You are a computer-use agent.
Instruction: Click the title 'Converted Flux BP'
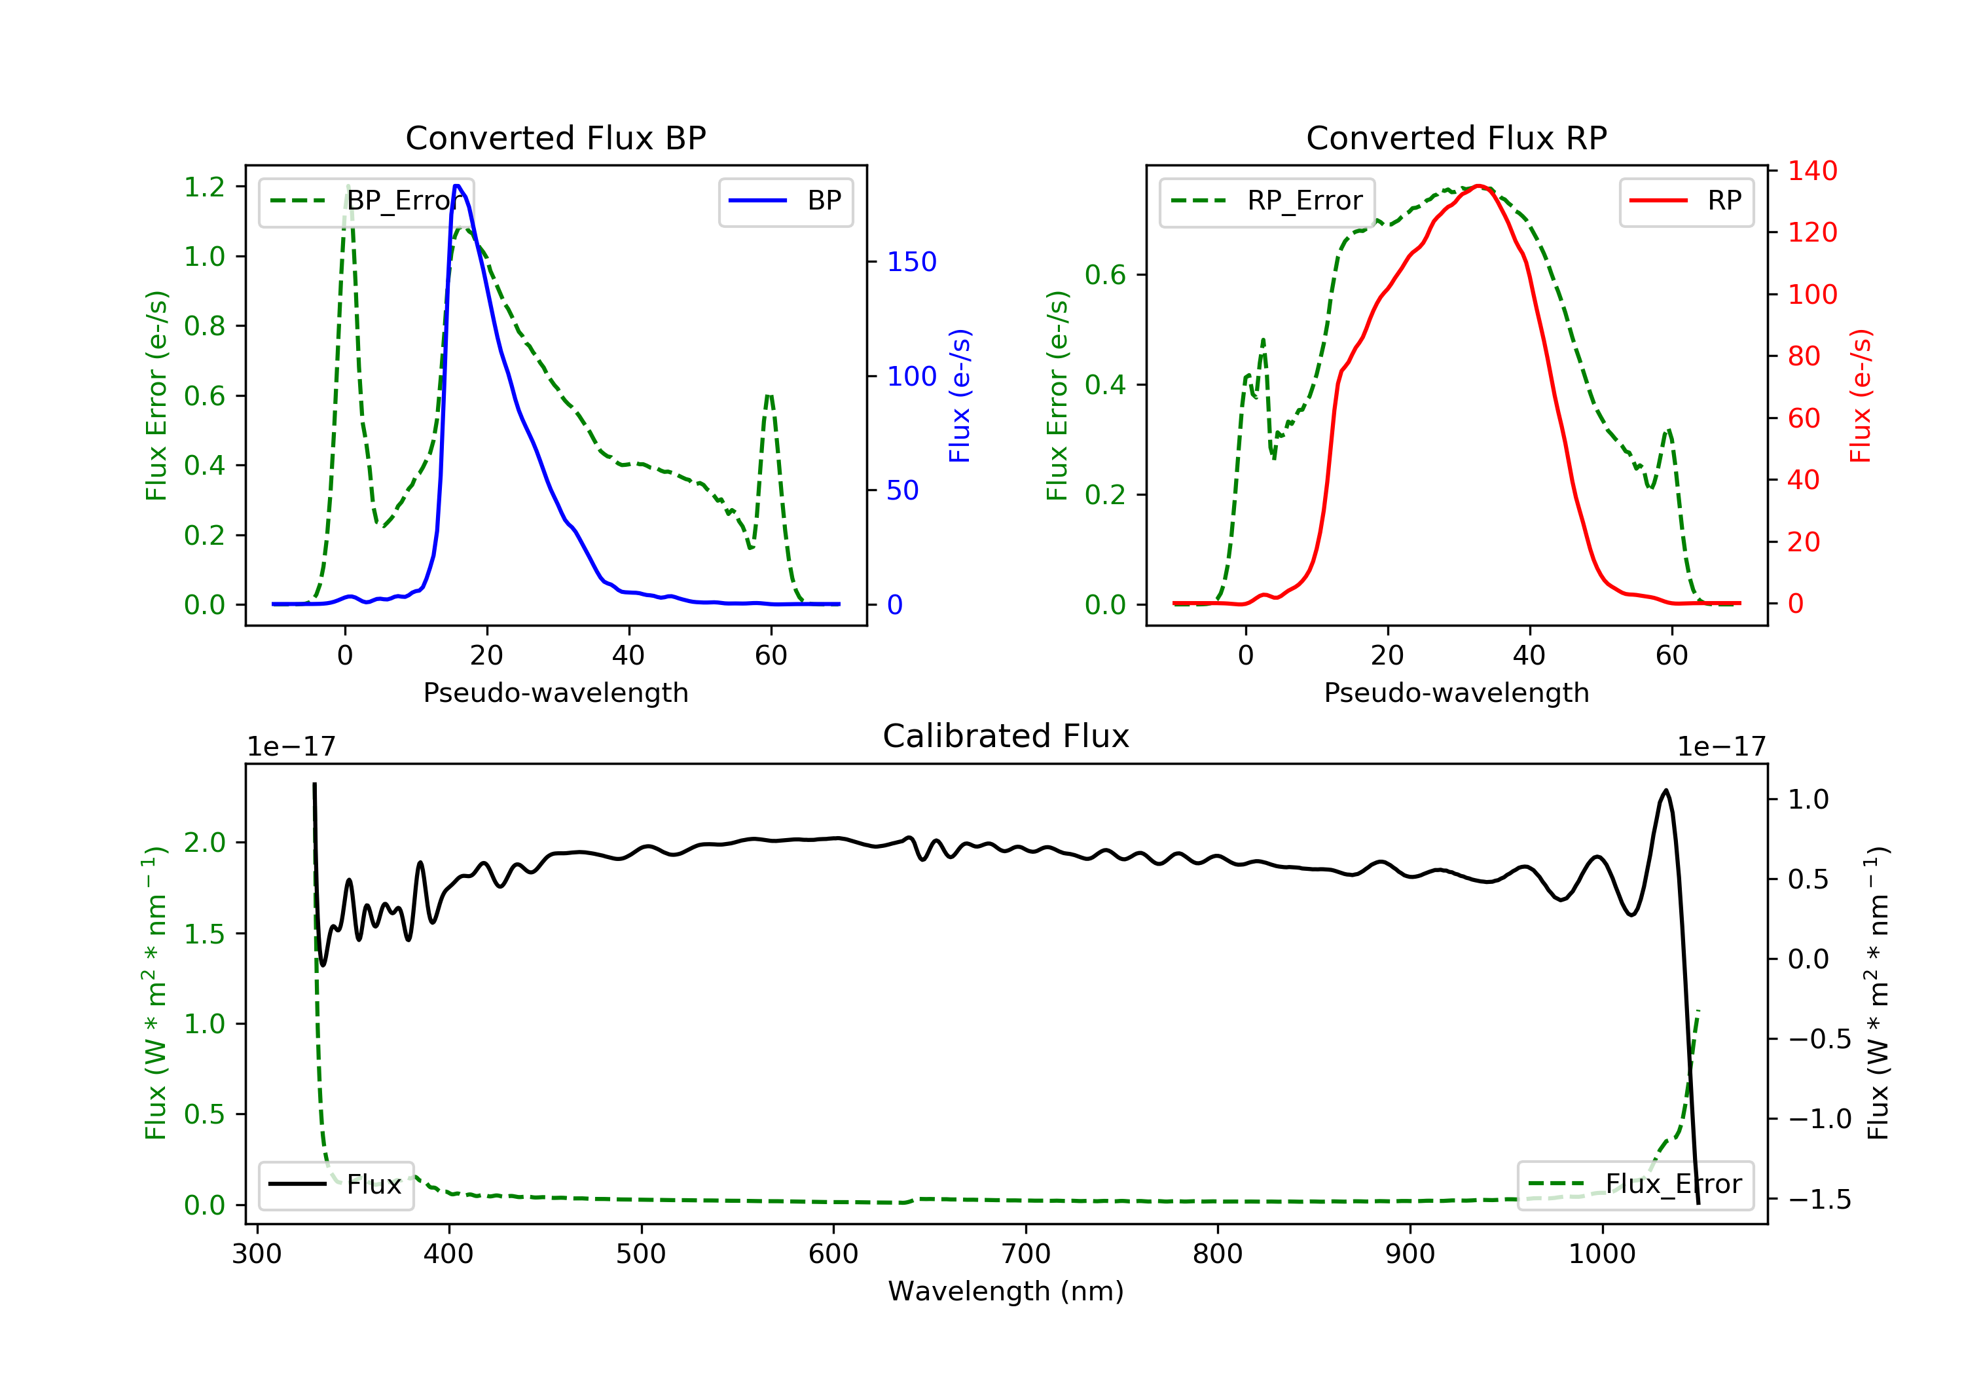pos(556,137)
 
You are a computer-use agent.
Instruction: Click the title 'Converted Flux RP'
pos(1457,137)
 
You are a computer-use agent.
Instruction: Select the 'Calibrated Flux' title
pos(1006,736)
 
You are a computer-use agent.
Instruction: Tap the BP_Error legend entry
pos(366,201)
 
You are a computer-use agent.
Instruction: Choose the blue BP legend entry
pos(785,201)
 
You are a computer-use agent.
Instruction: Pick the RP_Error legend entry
pos(1267,201)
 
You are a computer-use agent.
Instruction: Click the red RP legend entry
pos(1686,201)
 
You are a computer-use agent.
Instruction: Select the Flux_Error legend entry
pos(1635,1184)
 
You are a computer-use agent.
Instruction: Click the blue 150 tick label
pos(912,262)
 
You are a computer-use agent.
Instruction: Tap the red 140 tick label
pos(1813,171)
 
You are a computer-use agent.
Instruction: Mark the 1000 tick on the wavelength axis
pos(1602,1255)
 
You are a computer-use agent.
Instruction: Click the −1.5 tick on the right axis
pos(1819,1200)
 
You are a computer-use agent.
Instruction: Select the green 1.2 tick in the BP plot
pos(204,187)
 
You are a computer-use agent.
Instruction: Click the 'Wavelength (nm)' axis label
pos(1006,1291)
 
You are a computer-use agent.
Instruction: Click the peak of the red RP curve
pos(1479,186)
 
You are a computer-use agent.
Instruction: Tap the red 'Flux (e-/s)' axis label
pos(1861,396)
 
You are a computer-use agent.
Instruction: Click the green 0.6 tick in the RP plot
pos(1105,274)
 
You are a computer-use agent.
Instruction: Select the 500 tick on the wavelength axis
pos(641,1255)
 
